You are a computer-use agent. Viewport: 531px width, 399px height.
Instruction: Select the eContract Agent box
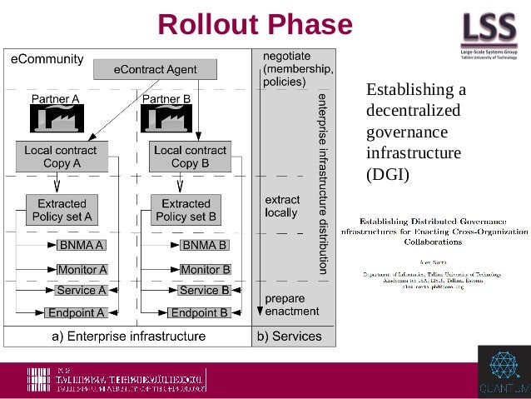tap(155, 70)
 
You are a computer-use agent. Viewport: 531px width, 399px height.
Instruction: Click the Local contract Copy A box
tap(62, 157)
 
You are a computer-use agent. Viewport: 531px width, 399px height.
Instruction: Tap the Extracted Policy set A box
tap(62, 210)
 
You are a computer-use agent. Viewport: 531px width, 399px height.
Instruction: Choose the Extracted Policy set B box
tap(186, 210)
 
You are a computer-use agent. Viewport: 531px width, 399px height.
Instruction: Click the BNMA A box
tap(81, 246)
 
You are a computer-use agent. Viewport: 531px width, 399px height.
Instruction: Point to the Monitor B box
tap(205, 270)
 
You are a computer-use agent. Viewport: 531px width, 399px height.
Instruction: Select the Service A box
tap(81, 291)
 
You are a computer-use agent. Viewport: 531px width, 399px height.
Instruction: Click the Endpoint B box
tap(199, 313)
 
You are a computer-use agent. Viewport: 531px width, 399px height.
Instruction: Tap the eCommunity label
tap(47, 59)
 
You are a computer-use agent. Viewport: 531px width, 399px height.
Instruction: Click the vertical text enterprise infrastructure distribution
tap(323, 183)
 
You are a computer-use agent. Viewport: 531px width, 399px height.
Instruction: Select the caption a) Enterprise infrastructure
tap(128, 337)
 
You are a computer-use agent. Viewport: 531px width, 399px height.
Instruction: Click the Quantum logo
tap(504, 372)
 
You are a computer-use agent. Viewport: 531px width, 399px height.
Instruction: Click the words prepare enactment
tap(290, 305)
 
